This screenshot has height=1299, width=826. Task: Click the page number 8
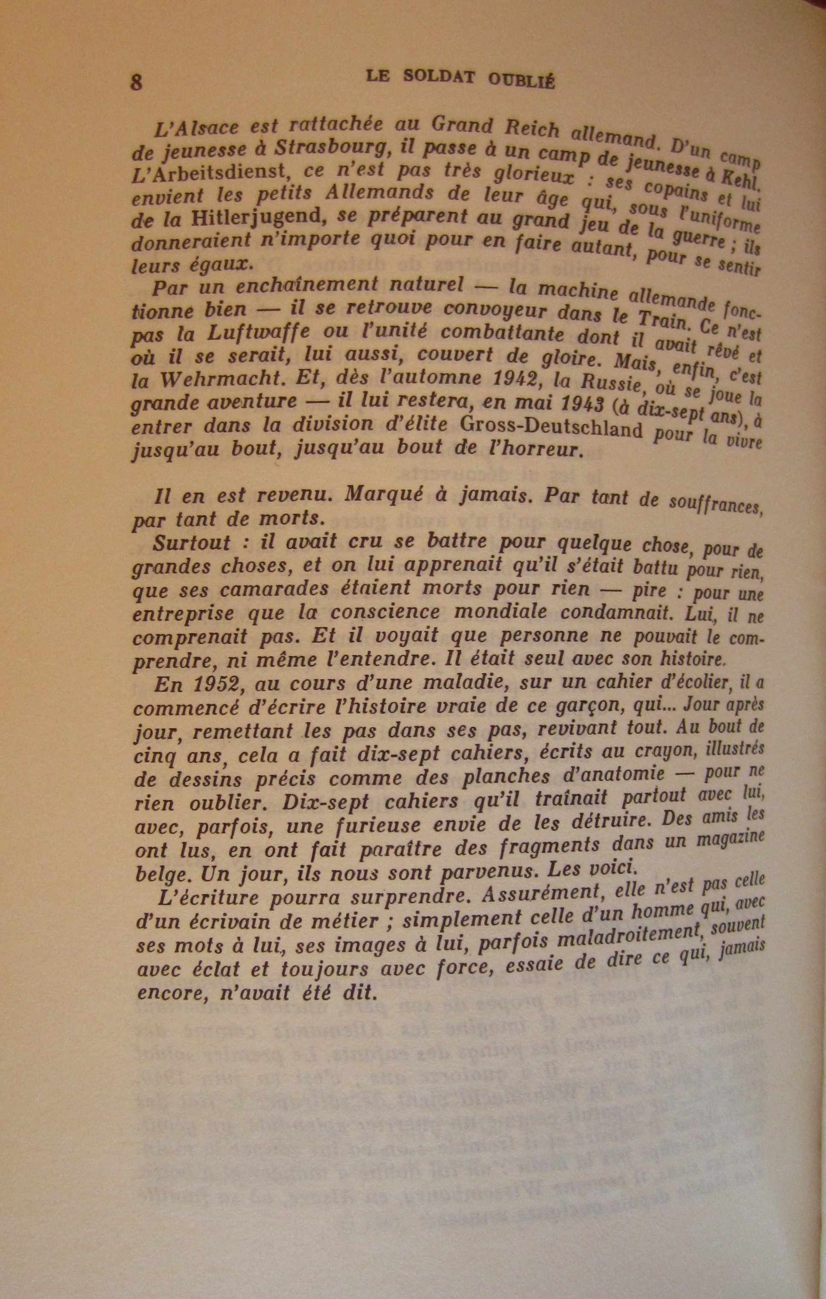coord(137,82)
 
